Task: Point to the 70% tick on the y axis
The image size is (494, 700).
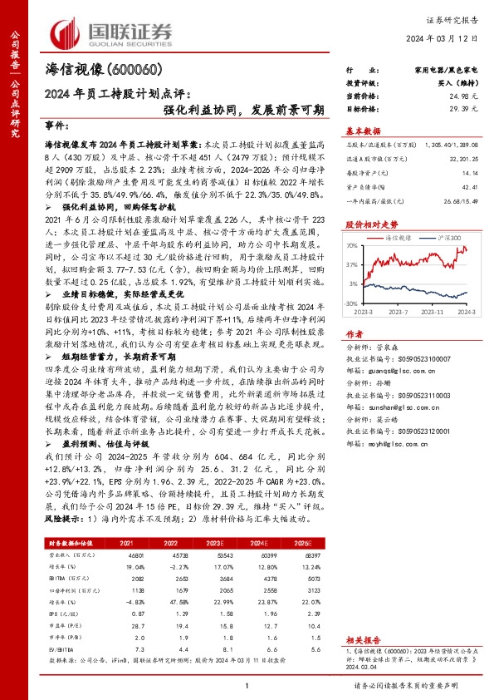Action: click(352, 246)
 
